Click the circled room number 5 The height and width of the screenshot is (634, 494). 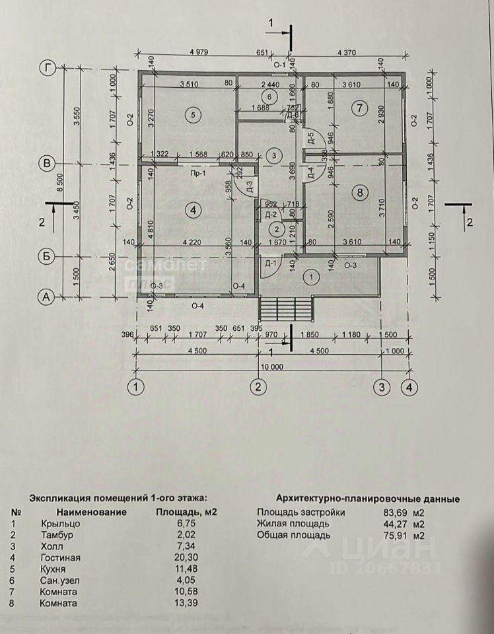click(x=193, y=116)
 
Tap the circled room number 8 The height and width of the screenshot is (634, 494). click(x=359, y=193)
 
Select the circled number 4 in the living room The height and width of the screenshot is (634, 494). click(x=193, y=211)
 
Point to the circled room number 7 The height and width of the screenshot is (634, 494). click(x=359, y=108)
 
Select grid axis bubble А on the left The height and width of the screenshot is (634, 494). click(x=46, y=298)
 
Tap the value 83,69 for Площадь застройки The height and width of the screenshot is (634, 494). click(x=387, y=512)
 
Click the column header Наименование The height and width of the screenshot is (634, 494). click(x=90, y=512)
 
